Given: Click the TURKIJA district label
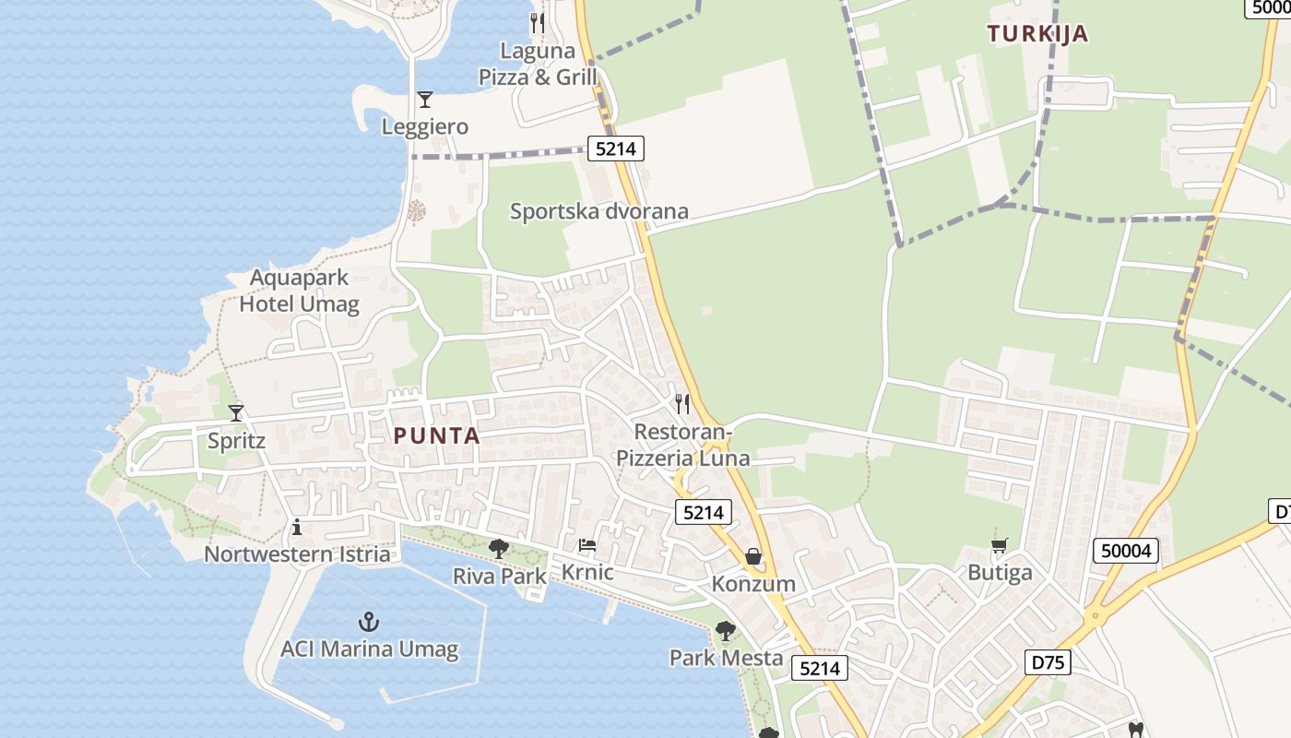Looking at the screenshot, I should tap(1037, 34).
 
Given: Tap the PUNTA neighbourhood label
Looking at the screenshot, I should tap(437, 436).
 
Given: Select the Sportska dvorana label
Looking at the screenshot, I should tap(599, 211).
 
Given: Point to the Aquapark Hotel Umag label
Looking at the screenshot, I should tap(299, 291).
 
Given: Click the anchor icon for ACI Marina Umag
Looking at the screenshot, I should tap(369, 621).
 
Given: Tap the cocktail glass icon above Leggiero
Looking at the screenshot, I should tap(425, 99).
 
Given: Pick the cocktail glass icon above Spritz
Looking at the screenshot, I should tap(236, 412).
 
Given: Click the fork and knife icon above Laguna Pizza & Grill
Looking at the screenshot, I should tap(538, 21).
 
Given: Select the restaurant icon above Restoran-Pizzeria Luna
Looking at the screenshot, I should tap(682, 403).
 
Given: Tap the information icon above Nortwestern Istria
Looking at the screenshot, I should tap(297, 527).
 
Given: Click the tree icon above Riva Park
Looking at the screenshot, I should tap(499, 549).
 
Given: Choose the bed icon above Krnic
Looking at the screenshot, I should tap(587, 545).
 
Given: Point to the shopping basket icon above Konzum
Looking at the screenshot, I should tap(753, 556).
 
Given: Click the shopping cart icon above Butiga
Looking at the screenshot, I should tap(999, 545).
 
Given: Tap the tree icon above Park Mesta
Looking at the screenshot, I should tap(726, 631).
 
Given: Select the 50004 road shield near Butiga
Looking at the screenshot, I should tap(1126, 551).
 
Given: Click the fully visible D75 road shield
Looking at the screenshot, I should tap(1047, 661).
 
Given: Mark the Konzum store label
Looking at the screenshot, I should tap(753, 584).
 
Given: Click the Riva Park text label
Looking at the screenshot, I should tap(499, 577).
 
